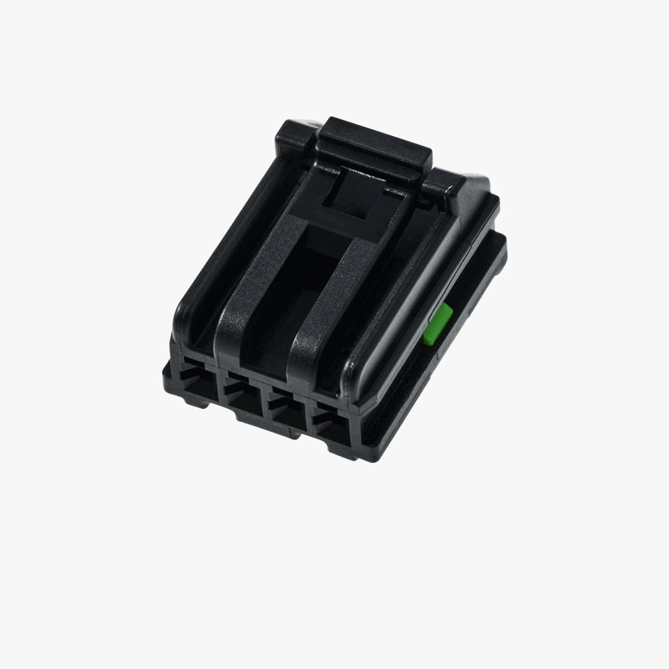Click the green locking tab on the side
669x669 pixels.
coord(439,324)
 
